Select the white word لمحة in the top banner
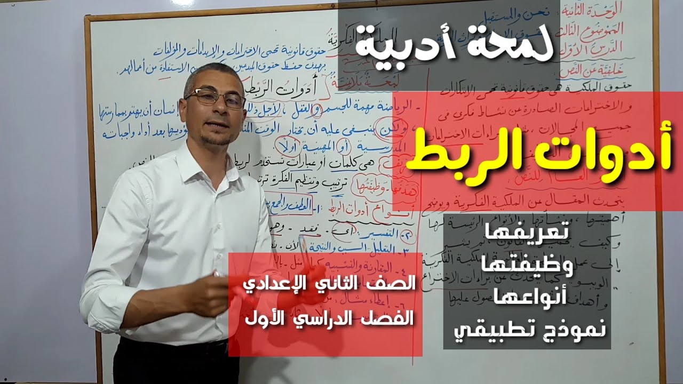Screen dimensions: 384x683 pyautogui.click(x=517, y=47)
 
